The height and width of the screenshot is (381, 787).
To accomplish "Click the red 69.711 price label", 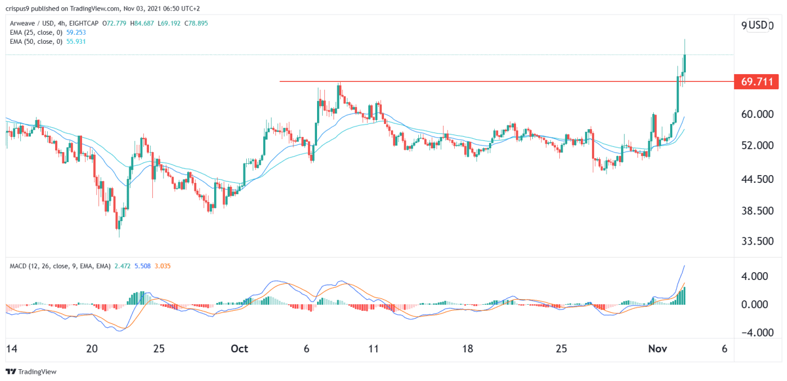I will pos(757,82).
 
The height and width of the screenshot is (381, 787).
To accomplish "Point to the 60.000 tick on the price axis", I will pos(757,114).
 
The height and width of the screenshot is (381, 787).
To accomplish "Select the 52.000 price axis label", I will pos(757,145).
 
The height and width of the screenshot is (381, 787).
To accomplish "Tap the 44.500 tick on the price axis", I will pos(757,179).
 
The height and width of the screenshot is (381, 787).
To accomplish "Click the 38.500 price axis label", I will pos(757,211).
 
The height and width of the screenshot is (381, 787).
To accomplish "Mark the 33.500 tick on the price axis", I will pos(757,241).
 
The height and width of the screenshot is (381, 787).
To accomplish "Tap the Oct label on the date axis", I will pos(239,348).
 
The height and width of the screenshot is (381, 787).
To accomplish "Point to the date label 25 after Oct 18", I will pos(561,348).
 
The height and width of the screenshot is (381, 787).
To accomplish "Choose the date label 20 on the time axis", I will pos(93,348).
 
